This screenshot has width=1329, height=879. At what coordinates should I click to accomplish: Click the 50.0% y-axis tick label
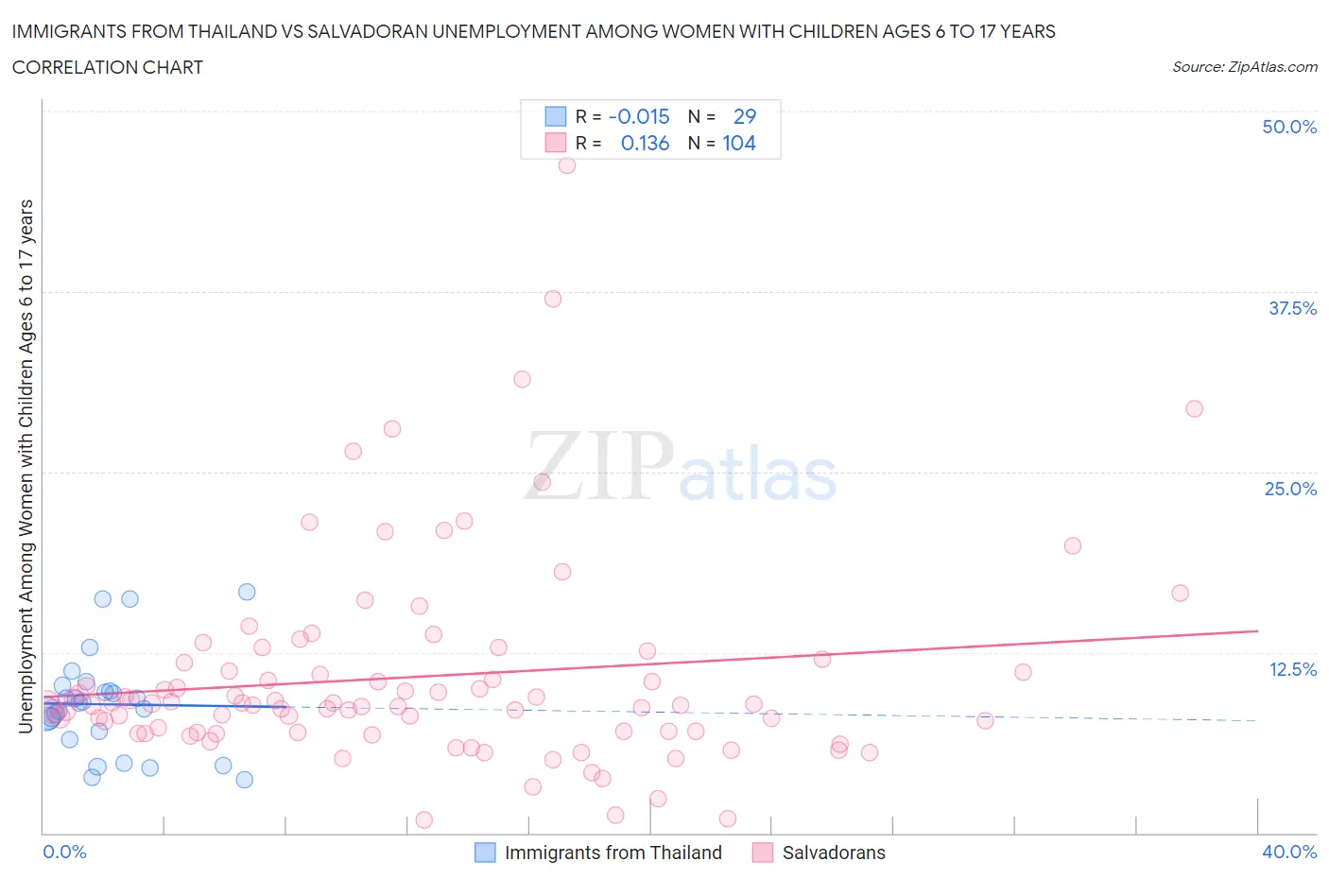(x=1289, y=127)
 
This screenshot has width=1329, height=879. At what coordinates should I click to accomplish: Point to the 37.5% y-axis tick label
(x=1292, y=308)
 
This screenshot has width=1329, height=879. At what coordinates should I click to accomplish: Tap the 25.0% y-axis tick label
(x=1290, y=489)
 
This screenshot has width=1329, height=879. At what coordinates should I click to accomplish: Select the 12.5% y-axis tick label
(x=1292, y=669)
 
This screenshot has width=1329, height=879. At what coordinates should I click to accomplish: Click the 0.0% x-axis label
(x=64, y=852)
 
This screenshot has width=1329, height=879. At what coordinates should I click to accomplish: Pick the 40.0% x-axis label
(x=1289, y=852)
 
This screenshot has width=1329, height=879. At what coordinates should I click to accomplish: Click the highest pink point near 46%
(x=567, y=165)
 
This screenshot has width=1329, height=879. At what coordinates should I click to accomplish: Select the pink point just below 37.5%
(x=553, y=299)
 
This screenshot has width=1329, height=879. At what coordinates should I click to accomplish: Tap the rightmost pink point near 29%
(x=1194, y=409)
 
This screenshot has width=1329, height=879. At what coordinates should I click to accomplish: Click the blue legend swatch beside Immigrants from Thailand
(x=485, y=853)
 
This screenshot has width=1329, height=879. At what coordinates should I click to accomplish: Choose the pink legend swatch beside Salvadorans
(x=763, y=853)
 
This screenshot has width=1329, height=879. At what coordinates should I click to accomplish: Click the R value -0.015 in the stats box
(x=639, y=116)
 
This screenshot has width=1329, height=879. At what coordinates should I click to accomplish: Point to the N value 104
(x=739, y=143)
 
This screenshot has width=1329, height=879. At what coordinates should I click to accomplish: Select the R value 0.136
(x=645, y=143)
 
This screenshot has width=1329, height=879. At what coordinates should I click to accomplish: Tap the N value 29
(x=745, y=116)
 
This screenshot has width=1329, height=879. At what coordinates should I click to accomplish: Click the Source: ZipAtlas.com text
(x=1244, y=67)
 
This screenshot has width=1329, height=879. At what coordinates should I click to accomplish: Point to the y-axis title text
(x=26, y=466)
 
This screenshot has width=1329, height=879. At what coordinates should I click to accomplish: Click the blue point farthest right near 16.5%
(x=247, y=592)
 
